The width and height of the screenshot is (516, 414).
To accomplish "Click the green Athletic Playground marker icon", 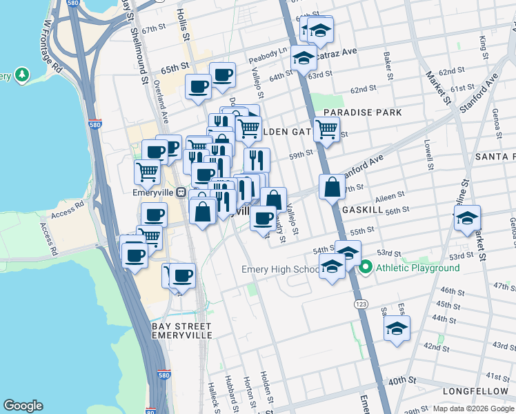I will pyautogui.click(x=366, y=267).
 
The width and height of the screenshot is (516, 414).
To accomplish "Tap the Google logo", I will pyautogui.click(x=23, y=406).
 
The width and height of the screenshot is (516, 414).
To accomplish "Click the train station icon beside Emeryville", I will pyautogui.click(x=181, y=193).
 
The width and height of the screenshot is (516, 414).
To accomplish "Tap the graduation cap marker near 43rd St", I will pyautogui.click(x=397, y=328).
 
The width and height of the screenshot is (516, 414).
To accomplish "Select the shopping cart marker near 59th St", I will pyautogui.click(x=326, y=128).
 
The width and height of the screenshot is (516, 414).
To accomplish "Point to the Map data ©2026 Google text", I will pyautogui.click(x=473, y=408).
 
